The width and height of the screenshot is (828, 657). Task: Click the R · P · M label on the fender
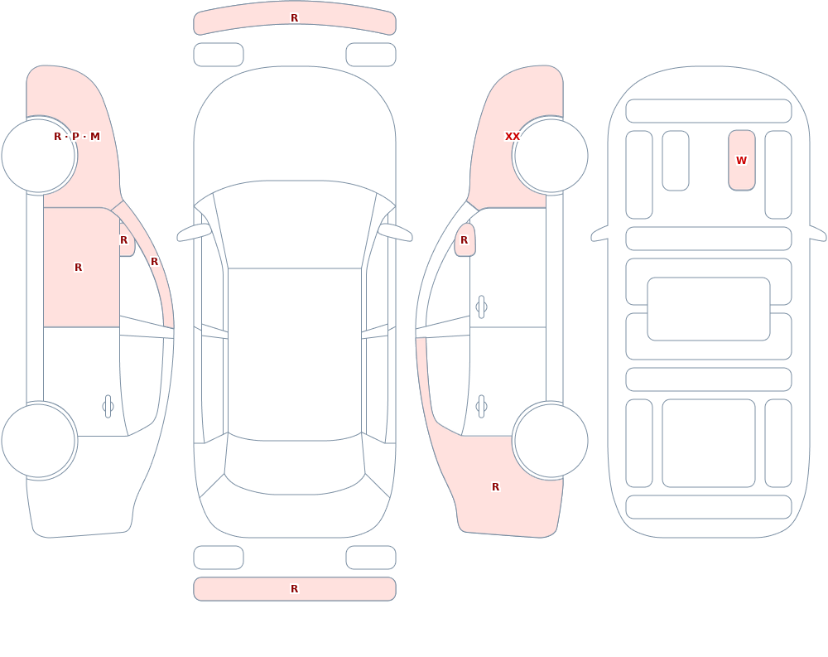click(76, 137)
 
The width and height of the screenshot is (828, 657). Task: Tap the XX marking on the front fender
click(513, 137)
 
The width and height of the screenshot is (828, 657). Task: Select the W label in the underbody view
click(741, 160)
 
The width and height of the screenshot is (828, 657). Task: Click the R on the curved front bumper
click(295, 18)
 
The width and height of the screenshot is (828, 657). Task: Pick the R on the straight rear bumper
click(295, 589)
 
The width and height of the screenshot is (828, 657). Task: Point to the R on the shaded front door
click(78, 268)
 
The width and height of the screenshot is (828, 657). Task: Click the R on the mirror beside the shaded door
click(124, 240)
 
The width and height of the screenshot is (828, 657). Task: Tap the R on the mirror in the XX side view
click(465, 240)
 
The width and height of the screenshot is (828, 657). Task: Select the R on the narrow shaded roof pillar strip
click(154, 262)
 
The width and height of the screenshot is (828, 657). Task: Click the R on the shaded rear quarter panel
click(495, 487)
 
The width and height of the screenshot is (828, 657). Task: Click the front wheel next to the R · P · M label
click(39, 156)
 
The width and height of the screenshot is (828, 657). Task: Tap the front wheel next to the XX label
click(551, 156)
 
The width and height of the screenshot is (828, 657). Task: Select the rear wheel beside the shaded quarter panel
click(551, 440)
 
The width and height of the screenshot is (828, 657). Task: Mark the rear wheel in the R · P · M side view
click(39, 440)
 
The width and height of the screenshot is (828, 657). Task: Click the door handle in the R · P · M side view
click(108, 407)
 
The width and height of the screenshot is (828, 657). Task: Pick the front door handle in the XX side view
click(481, 307)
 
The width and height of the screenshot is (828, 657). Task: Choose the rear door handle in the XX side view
click(481, 407)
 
